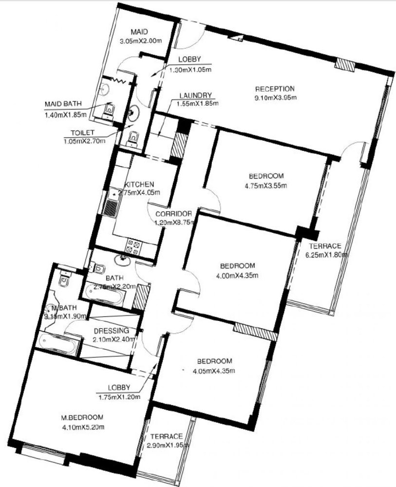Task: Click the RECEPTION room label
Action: [275, 89]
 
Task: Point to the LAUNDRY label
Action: [195, 95]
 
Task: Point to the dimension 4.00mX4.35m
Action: [238, 275]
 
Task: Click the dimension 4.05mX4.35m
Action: [215, 371]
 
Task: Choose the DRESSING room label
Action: [112, 329]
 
